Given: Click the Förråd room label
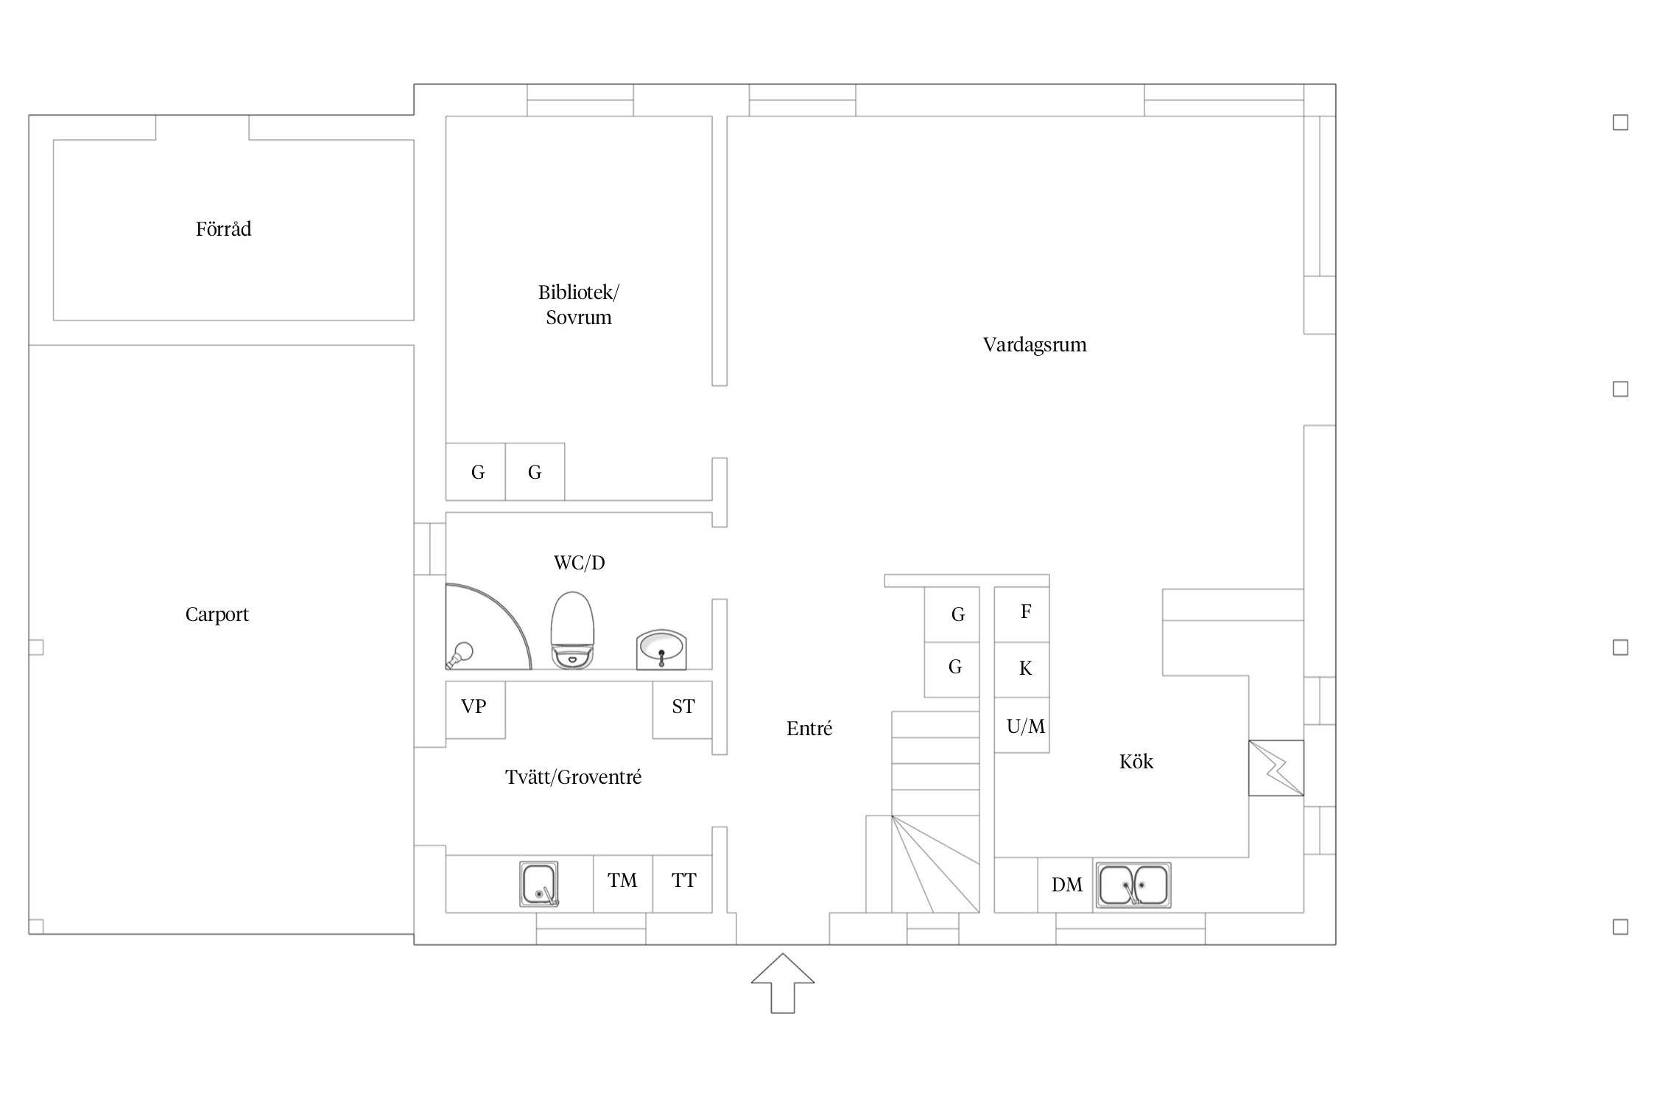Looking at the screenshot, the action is coord(223,229).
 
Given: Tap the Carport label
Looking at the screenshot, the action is coord(217,614).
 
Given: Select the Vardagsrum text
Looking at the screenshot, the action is coord(1035,345).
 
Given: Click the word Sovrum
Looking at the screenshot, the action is coord(579,318).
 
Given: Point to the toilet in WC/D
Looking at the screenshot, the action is coord(572,630).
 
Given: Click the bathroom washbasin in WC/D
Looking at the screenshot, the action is coord(661,649).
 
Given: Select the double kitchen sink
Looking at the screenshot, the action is coord(1133,885).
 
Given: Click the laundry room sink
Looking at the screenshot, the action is coord(539,884).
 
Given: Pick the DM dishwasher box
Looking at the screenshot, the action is coord(1066,885).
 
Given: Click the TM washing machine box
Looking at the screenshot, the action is coord(623,884).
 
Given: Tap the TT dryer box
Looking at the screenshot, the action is coord(683,884).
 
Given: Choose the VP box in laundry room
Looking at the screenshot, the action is coord(475,709).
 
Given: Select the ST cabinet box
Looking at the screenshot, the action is coord(683,709).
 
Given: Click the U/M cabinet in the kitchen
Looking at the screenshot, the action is coord(1022,725).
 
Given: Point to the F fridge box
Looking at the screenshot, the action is coord(1022,614).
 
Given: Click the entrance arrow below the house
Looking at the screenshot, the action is coord(783,983).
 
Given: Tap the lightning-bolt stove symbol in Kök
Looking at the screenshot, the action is coord(1276,768).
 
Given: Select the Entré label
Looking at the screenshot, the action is coord(809,729).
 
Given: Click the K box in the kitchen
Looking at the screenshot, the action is coord(1022,670).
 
